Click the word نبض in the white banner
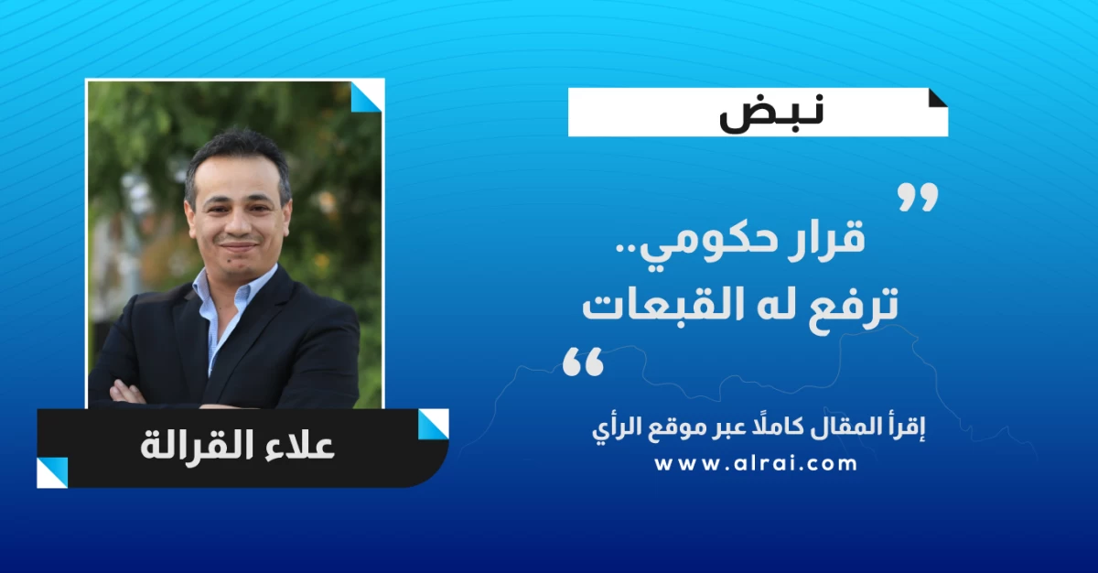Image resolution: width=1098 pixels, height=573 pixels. coord(771,113)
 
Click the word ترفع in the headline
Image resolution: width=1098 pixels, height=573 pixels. coord(847,305)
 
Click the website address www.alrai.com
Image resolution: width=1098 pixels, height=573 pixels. coord(756,463)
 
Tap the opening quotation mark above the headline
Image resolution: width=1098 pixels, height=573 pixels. coord(918,197)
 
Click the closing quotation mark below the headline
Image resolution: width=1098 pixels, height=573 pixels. coord(583,362)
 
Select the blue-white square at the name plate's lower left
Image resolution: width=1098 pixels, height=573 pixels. coord(52,472)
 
